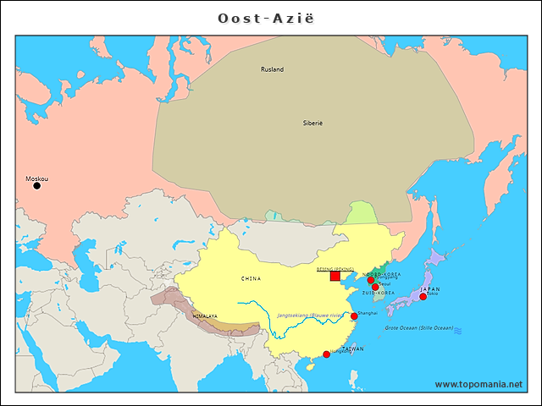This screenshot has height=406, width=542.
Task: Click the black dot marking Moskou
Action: click(x=36, y=186)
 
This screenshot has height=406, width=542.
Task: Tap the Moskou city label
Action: click(x=36, y=178)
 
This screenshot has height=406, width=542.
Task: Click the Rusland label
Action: click(x=272, y=69)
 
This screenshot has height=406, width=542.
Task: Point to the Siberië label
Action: click(x=313, y=123)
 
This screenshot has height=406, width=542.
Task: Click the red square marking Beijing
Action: click(x=335, y=276)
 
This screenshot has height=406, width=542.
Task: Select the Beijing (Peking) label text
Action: click(x=335, y=268)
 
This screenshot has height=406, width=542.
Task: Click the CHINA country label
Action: click(x=251, y=278)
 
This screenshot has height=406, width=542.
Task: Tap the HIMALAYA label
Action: click(x=205, y=316)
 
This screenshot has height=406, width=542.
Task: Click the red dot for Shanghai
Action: click(x=354, y=316)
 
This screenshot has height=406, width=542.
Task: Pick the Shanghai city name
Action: click(x=368, y=312)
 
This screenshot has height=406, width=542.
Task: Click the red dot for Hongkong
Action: click(x=327, y=354)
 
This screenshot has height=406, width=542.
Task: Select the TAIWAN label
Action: click(x=353, y=348)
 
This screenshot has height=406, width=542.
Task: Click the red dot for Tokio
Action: click(x=423, y=297)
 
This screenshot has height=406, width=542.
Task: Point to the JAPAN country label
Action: click(x=429, y=289)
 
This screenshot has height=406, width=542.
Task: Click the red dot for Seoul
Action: click(x=375, y=287)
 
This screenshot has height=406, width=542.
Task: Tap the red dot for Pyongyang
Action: click(x=370, y=279)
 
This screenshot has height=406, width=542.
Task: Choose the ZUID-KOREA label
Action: click(x=378, y=293)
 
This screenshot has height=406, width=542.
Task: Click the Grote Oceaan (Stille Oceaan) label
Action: click(x=419, y=327)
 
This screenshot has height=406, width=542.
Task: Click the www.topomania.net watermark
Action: click(x=478, y=384)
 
